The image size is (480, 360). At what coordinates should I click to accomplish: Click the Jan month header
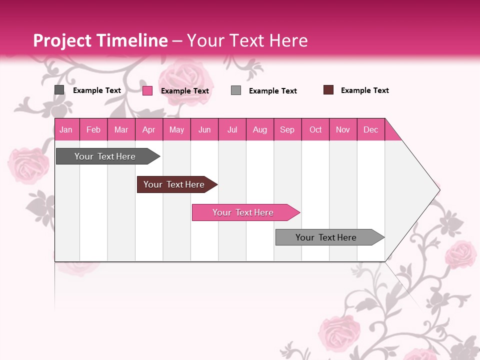[x=66, y=129]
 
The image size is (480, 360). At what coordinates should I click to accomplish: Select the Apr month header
[x=148, y=129]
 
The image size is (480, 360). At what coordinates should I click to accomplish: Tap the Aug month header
[x=259, y=129]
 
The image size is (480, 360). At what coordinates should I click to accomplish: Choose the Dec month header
[x=370, y=129]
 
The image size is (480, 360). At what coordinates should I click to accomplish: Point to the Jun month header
[x=204, y=129]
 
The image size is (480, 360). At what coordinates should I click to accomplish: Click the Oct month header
[x=315, y=129]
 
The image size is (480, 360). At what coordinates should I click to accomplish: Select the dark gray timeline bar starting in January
[x=105, y=156]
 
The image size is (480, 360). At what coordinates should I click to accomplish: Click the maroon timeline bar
[x=174, y=184]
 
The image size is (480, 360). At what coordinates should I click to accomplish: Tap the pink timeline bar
[x=243, y=212]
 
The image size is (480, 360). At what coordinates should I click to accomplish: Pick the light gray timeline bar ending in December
[x=326, y=237]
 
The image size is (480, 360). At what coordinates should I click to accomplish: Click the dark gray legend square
[x=59, y=90]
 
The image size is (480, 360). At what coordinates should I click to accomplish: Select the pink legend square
[x=147, y=90]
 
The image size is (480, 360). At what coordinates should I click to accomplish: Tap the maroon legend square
[x=328, y=90]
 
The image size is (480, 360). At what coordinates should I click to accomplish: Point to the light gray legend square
[x=236, y=90]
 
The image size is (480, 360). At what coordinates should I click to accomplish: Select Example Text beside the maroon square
[x=364, y=90]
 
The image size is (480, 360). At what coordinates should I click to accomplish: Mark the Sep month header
[x=287, y=129]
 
